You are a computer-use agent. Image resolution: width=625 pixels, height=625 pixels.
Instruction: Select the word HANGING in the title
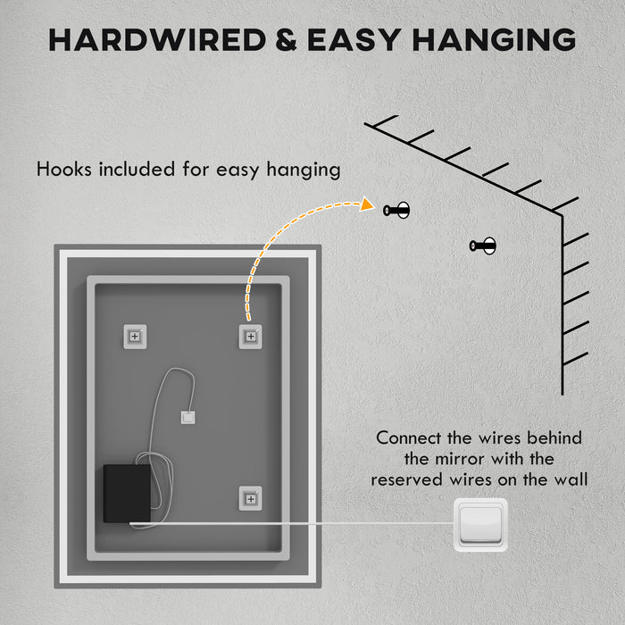pyautogui.click(x=500, y=39)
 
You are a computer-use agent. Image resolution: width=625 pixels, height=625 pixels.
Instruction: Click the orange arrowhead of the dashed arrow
pyautogui.click(x=365, y=205)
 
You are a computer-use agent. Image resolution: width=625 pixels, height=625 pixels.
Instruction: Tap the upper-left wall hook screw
pyautogui.click(x=396, y=211)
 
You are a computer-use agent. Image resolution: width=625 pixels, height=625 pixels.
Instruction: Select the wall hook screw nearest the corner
pyautogui.click(x=483, y=246)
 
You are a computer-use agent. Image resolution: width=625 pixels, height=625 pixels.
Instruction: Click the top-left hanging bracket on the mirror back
pyautogui.click(x=135, y=336)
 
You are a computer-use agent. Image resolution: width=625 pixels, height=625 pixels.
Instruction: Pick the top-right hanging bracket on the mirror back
pyautogui.click(x=250, y=336)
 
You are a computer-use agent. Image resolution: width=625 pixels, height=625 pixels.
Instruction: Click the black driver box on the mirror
pyautogui.click(x=129, y=494)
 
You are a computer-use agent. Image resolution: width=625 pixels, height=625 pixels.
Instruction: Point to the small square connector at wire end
pyautogui.click(x=187, y=416)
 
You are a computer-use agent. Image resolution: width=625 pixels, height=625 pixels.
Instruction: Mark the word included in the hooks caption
pyautogui.click(x=142, y=169)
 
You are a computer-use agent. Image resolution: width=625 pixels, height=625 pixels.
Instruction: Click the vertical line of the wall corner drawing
pyautogui.click(x=562, y=304)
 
